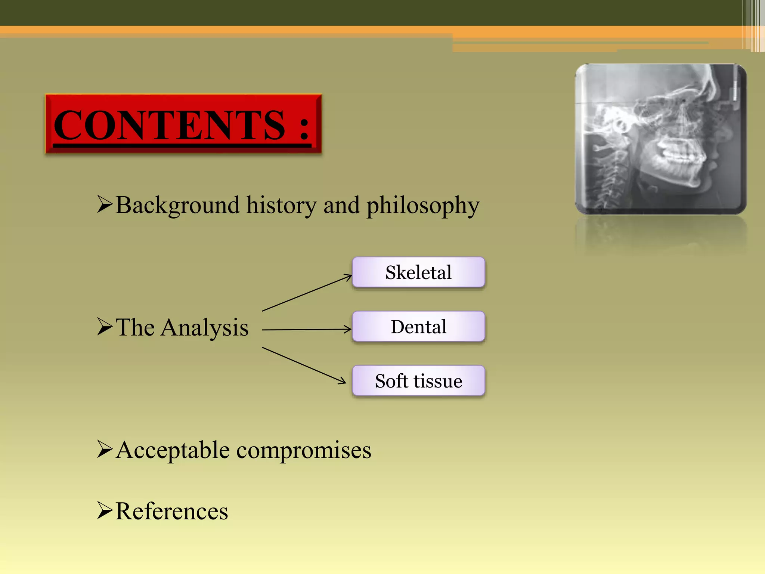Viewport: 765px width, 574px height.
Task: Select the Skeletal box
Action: pos(418,272)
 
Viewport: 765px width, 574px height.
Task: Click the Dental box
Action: pos(418,326)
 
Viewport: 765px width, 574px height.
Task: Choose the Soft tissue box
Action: pos(418,380)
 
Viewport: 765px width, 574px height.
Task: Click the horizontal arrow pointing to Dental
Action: pos(306,330)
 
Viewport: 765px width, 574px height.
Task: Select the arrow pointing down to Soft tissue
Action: pos(303,365)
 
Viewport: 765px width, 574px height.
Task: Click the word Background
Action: pos(177,205)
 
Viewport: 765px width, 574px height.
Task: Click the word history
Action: pos(281,205)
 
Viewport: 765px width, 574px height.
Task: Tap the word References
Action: pos(171,511)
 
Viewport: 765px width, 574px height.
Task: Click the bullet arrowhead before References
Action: pos(104,510)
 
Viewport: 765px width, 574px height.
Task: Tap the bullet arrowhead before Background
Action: pos(104,204)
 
